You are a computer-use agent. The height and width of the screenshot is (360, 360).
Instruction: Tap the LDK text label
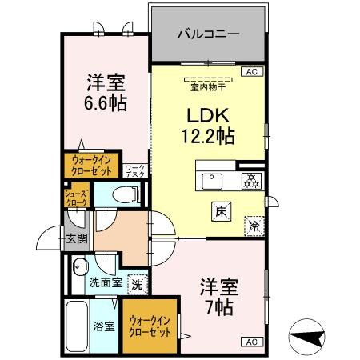click(x=206, y=114)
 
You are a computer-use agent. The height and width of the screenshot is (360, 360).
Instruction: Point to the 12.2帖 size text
click(x=206, y=136)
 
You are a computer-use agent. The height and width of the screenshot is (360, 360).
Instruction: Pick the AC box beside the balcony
click(x=251, y=73)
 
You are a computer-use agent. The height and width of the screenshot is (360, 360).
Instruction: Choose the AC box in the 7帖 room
click(x=251, y=342)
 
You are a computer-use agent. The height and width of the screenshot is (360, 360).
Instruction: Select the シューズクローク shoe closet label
click(x=77, y=196)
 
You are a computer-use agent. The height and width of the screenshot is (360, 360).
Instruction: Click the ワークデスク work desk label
click(x=134, y=170)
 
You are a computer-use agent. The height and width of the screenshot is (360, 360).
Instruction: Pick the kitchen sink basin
click(x=213, y=179)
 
